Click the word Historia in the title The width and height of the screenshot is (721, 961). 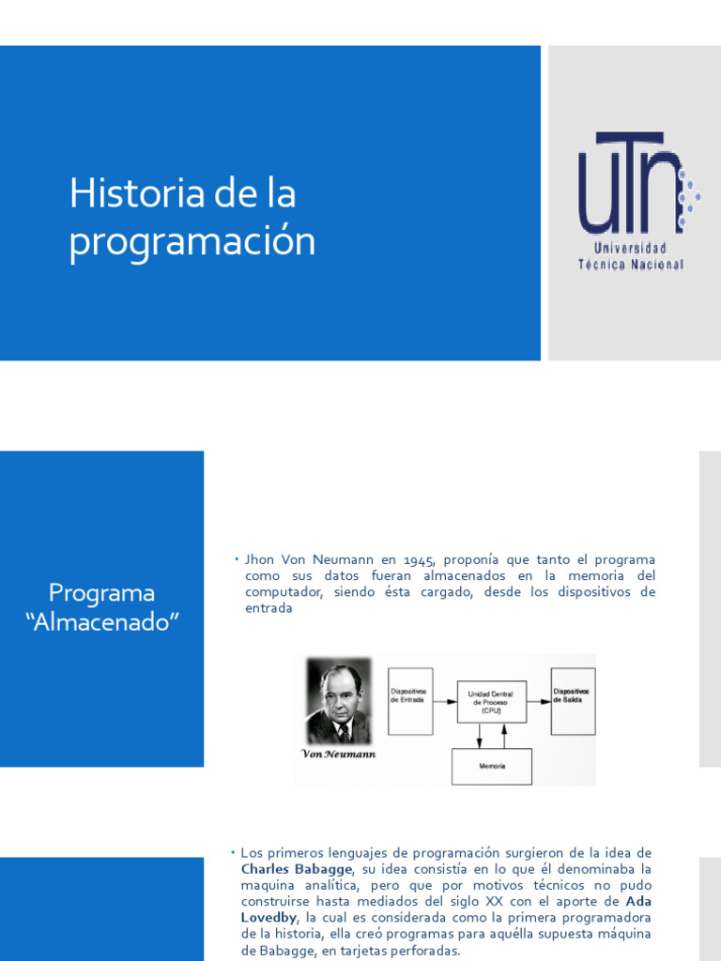pyautogui.click(x=136, y=194)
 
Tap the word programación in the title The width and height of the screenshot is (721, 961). pyautogui.click(x=192, y=241)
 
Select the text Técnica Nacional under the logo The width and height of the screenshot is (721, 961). pyautogui.click(x=630, y=265)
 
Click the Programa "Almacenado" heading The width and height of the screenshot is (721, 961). pyautogui.click(x=101, y=607)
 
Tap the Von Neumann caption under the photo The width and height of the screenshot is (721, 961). pyautogui.click(x=338, y=754)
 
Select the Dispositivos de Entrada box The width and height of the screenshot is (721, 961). pyautogui.click(x=410, y=700)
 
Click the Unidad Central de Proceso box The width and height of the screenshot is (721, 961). pyautogui.click(x=491, y=701)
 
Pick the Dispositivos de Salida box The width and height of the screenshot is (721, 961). pyautogui.click(x=573, y=700)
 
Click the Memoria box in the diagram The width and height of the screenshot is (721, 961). pyautogui.click(x=491, y=766)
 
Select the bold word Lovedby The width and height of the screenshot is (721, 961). pyautogui.click(x=268, y=917)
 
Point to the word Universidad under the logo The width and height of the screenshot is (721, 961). pyautogui.click(x=630, y=249)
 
